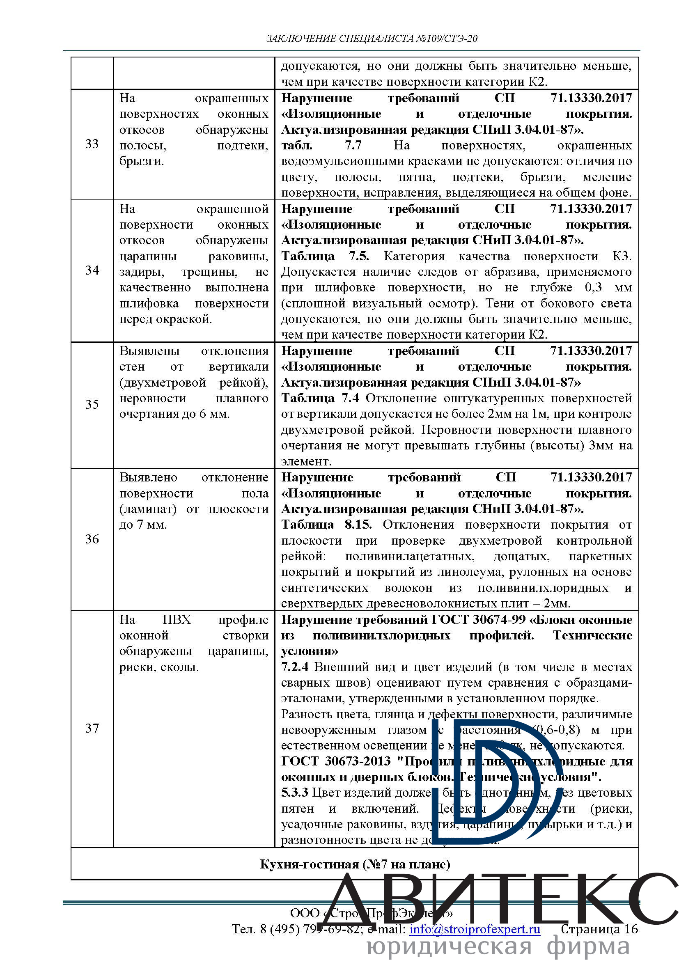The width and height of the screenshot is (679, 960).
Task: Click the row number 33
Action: (x=92, y=144)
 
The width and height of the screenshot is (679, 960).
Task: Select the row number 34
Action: (x=92, y=270)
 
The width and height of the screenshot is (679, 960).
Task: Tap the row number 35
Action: (x=92, y=405)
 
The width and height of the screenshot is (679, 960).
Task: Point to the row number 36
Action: (x=92, y=539)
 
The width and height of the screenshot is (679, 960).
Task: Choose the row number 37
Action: (x=92, y=729)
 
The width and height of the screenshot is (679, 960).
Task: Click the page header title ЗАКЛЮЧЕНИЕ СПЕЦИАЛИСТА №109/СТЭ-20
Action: (x=372, y=39)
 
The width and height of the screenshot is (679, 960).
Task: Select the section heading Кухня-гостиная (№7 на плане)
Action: (x=355, y=864)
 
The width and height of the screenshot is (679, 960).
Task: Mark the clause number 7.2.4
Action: (x=295, y=667)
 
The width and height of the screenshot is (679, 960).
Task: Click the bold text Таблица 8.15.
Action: (x=326, y=525)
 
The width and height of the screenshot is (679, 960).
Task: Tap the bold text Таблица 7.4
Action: (x=320, y=398)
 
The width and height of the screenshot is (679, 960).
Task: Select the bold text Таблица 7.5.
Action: (x=325, y=256)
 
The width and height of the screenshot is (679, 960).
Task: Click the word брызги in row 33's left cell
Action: (x=141, y=161)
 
